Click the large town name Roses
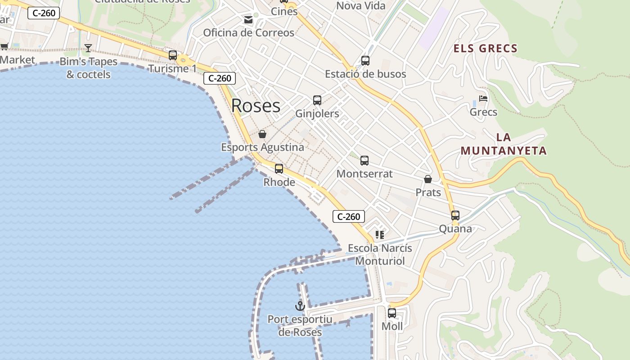click(x=256, y=106)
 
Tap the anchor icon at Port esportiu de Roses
click(x=300, y=306)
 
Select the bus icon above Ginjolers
click(x=317, y=100)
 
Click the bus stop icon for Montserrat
click(x=364, y=160)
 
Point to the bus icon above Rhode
click(x=279, y=169)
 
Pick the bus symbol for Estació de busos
click(x=365, y=61)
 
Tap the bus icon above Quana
click(x=455, y=216)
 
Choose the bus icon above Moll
click(x=392, y=313)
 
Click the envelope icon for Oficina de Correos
click(x=248, y=20)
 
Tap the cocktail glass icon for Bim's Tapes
click(x=88, y=48)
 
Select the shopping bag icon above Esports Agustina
click(x=262, y=134)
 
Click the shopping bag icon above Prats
click(x=428, y=180)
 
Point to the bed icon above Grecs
click(x=483, y=99)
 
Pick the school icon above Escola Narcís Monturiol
click(x=380, y=235)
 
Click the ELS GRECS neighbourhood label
click(x=485, y=49)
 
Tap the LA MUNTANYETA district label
click(x=504, y=144)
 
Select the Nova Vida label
click(x=361, y=6)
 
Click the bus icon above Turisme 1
click(x=173, y=55)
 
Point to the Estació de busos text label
click(x=365, y=74)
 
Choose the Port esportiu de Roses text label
click(x=300, y=326)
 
